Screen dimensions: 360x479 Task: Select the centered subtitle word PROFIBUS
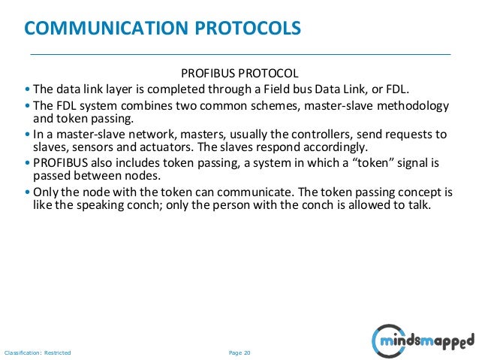(x=208, y=74)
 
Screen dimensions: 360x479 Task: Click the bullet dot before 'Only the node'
(x=28, y=192)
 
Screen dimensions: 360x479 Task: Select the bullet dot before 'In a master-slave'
(x=28, y=135)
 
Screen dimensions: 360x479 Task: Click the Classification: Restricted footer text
(x=38, y=352)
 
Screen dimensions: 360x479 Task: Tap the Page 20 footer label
(x=239, y=352)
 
